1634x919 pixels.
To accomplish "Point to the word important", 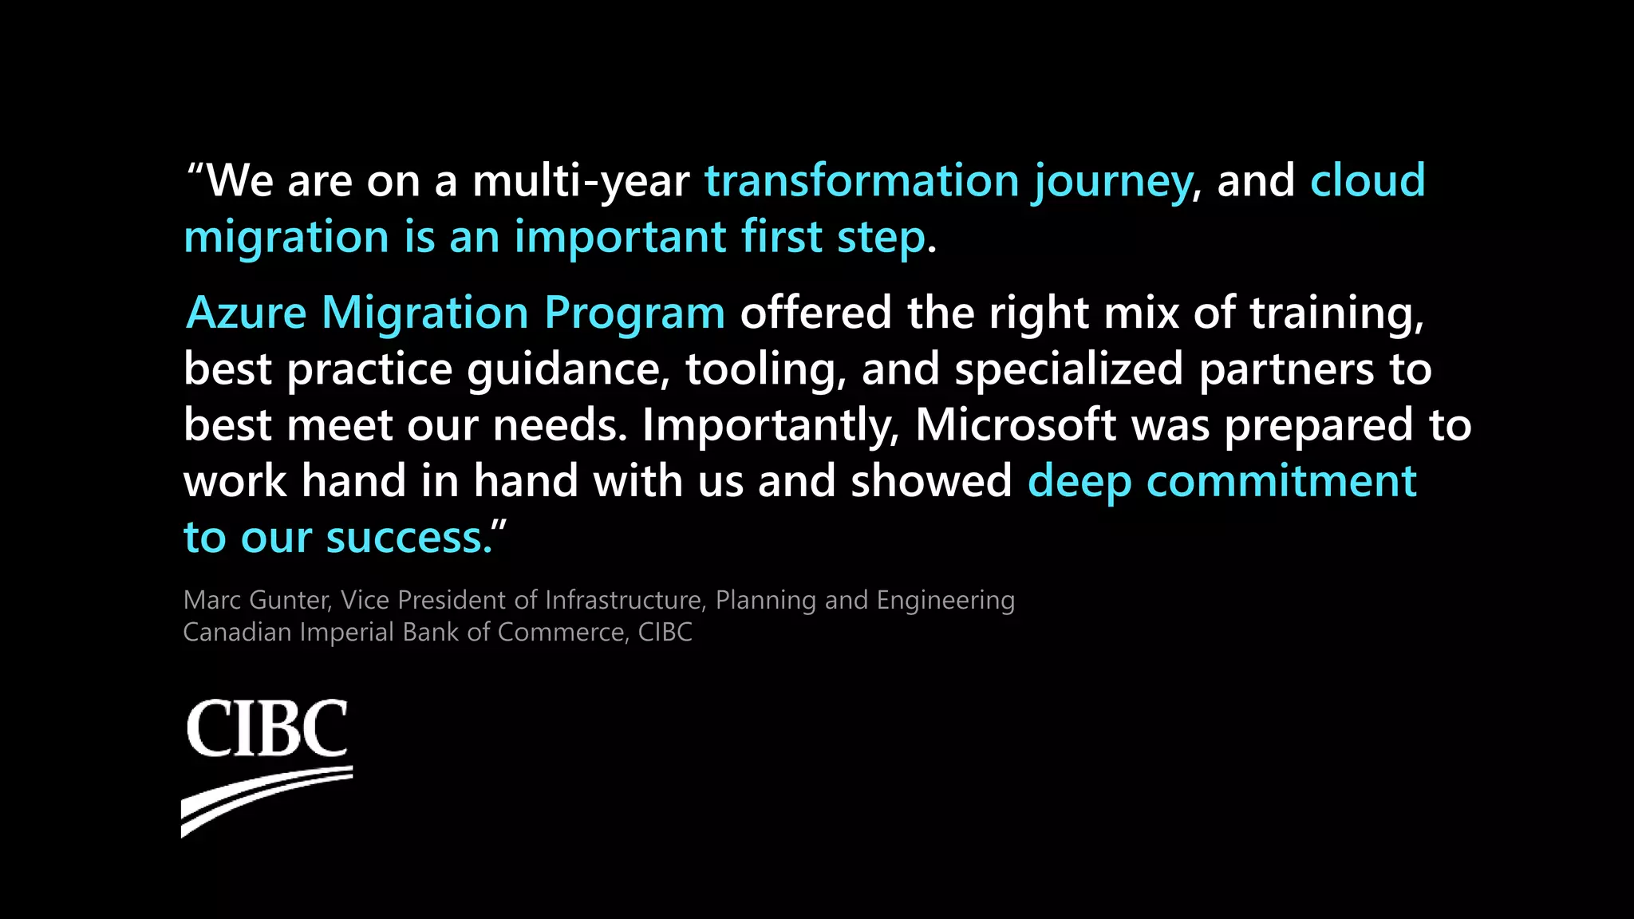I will tap(620, 238).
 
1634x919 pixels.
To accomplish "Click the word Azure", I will tap(247, 312).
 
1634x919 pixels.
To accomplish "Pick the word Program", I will tap(634, 314).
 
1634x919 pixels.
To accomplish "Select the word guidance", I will tap(568, 369).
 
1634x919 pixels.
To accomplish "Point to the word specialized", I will tap(1068, 369).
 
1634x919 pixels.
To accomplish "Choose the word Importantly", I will tap(771, 425).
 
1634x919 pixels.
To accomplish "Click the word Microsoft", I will tap(1015, 424).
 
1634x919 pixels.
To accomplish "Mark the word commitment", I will tap(1281, 481).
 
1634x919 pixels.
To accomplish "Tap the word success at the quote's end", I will tap(408, 538).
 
